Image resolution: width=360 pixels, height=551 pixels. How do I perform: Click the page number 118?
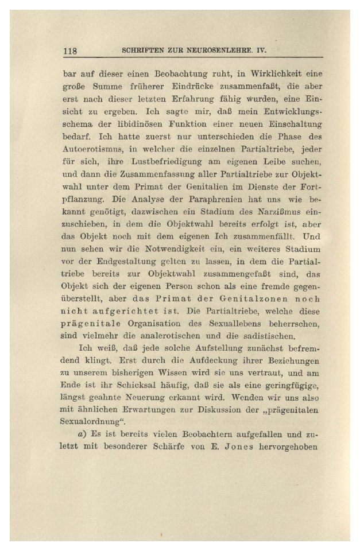(70, 51)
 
